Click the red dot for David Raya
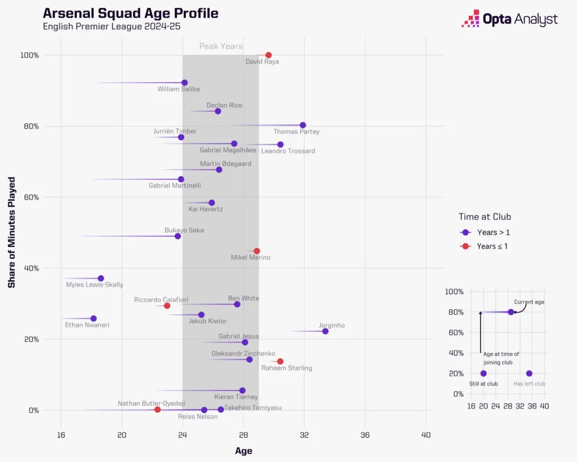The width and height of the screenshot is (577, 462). (268, 55)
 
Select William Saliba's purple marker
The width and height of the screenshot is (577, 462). (184, 83)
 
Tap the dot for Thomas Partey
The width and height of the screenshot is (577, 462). (303, 125)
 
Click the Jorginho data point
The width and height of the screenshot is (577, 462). (325, 331)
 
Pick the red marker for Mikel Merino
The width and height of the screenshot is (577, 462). (257, 251)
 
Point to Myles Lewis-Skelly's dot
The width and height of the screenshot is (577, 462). (101, 278)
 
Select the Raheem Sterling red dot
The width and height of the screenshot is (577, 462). (280, 361)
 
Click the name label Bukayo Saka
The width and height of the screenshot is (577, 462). (184, 230)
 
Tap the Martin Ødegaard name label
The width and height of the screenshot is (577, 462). (225, 164)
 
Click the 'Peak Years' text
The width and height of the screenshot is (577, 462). (221, 46)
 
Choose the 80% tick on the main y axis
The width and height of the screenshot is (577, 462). (30, 126)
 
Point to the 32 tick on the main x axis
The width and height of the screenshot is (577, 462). (304, 434)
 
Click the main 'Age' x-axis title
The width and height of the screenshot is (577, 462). (243, 451)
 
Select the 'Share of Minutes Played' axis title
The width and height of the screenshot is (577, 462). (12, 232)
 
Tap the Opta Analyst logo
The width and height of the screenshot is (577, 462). (509, 19)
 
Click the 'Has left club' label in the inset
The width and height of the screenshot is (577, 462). (529, 384)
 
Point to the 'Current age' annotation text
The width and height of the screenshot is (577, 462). (529, 302)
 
